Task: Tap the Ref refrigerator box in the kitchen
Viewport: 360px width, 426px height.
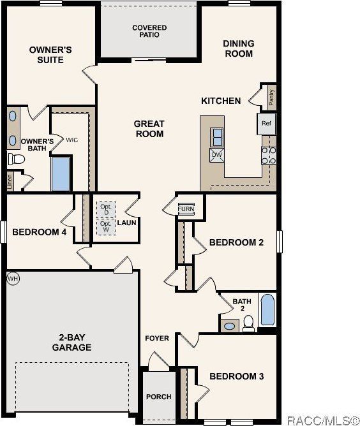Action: point(266,124)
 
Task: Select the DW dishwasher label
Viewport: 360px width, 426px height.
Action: point(216,155)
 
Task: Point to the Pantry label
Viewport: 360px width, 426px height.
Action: point(271,97)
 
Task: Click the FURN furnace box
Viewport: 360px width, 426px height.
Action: point(186,209)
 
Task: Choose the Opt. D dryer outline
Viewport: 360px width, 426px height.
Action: point(105,209)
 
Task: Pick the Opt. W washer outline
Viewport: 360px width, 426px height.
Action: point(105,226)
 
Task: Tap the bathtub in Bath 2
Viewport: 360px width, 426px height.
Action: point(268,311)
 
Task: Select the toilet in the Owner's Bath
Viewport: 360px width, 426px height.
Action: point(15,159)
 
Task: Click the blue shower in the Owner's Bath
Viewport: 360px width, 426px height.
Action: point(61,174)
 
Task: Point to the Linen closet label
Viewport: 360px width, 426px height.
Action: point(10,181)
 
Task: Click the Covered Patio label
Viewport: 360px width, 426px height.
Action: point(149,31)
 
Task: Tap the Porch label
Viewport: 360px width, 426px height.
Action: point(158,397)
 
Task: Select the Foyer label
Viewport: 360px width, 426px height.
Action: point(157,338)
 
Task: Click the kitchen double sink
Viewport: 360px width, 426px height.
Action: point(217,136)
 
